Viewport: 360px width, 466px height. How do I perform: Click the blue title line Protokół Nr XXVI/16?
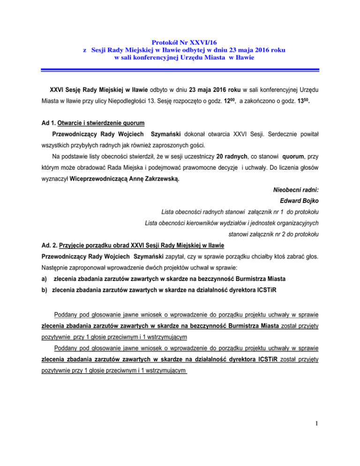coord(180,41)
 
